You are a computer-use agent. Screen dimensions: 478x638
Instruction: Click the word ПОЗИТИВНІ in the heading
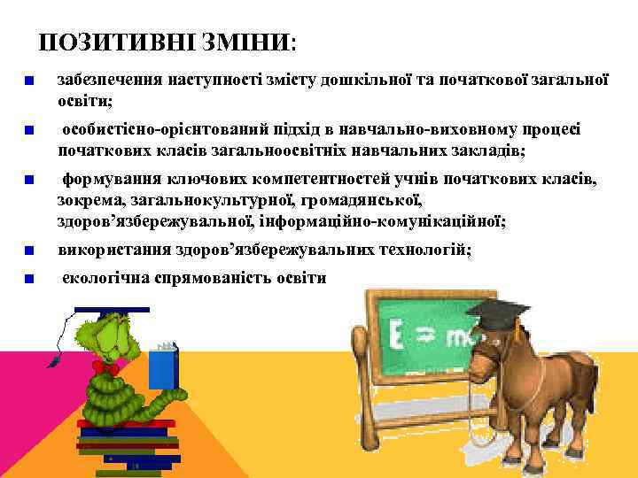tap(115, 42)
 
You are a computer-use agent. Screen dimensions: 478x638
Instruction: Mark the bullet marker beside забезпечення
tap(30, 81)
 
